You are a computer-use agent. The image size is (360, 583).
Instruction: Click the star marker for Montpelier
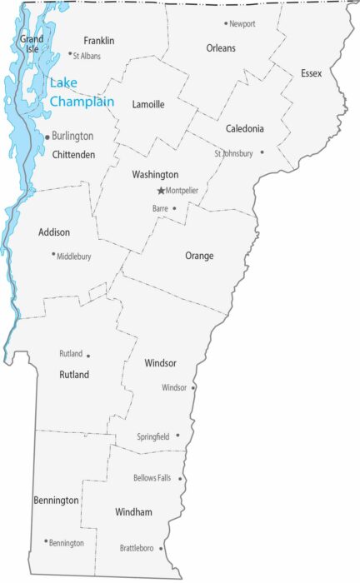(161, 191)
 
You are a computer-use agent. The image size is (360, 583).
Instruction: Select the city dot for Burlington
(47, 136)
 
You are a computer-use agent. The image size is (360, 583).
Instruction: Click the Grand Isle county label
(32, 43)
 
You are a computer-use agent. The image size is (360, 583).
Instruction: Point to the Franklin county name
(99, 41)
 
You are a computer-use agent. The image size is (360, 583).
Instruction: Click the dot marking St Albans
(70, 54)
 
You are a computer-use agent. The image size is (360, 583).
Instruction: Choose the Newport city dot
(225, 23)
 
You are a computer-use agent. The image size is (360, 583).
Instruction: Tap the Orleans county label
(221, 48)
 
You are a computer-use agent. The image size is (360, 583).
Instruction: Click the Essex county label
(312, 74)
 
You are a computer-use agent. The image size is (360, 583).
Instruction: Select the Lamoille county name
(148, 105)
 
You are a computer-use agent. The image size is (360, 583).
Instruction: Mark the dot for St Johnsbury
(262, 152)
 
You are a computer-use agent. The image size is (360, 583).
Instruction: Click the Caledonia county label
(245, 129)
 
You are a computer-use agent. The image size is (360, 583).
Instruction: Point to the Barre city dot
(174, 207)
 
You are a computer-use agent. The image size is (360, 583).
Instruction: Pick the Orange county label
(199, 256)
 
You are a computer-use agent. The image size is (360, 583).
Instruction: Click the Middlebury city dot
(53, 254)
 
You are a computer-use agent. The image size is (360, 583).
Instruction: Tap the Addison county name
(54, 232)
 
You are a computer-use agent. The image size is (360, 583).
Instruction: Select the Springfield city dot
(177, 435)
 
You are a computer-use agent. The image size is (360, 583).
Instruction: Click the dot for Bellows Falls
(180, 479)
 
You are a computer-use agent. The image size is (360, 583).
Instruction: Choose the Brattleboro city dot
(161, 549)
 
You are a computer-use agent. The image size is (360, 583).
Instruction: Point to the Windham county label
(133, 512)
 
